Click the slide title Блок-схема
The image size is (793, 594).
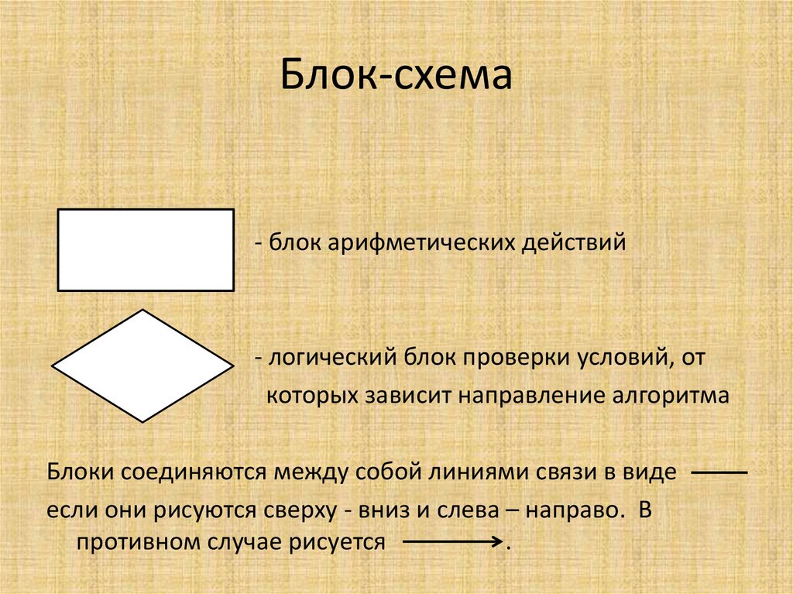396,77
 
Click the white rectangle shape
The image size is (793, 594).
146,249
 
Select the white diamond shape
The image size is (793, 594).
142,366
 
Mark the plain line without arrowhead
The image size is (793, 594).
717,472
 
